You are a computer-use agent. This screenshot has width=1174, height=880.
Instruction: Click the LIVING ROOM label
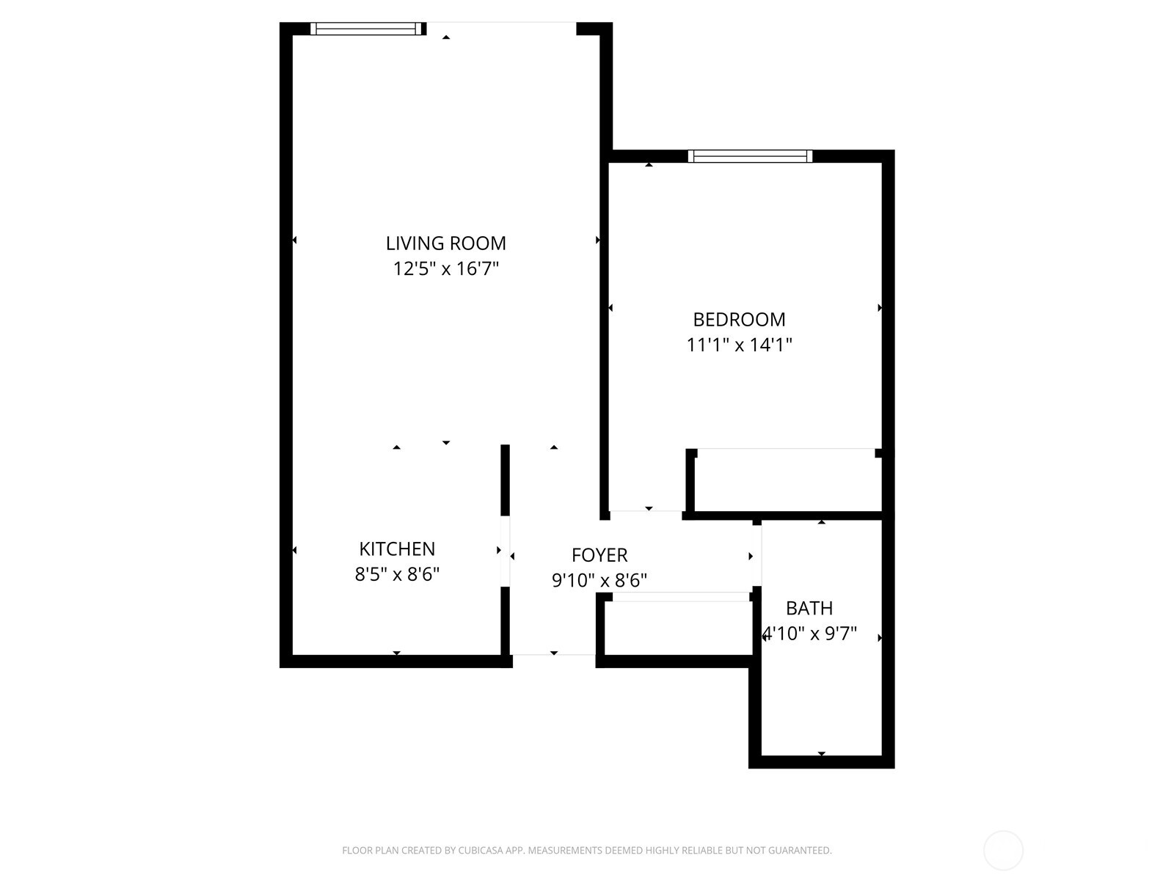click(x=446, y=243)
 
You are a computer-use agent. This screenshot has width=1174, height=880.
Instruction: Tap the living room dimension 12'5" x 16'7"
click(x=446, y=268)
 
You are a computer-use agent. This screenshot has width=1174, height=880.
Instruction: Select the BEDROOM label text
click(x=739, y=319)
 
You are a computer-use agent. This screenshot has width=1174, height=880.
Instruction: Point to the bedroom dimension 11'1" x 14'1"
click(x=739, y=344)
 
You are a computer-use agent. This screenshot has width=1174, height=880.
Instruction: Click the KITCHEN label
click(x=397, y=549)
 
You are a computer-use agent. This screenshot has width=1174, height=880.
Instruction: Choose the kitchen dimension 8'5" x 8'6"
click(x=397, y=573)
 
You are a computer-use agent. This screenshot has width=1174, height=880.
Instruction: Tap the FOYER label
click(x=599, y=555)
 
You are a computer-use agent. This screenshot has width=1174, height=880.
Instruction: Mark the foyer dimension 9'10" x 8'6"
click(x=599, y=581)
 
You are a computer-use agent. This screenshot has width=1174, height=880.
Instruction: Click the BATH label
click(x=809, y=608)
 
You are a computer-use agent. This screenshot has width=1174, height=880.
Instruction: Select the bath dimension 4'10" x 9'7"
click(x=810, y=633)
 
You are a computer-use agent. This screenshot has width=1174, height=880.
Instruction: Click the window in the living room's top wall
click(x=368, y=29)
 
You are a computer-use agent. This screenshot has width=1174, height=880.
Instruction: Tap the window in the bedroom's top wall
click(x=750, y=155)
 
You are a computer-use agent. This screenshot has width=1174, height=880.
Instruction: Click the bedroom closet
click(x=787, y=481)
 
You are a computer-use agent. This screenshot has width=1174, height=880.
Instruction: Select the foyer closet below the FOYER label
click(x=679, y=627)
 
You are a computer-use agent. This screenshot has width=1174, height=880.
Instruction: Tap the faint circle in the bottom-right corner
click(x=1003, y=851)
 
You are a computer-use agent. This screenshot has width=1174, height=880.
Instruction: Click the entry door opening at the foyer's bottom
click(x=553, y=655)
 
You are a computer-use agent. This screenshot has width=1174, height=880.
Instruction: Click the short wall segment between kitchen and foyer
click(x=505, y=480)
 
